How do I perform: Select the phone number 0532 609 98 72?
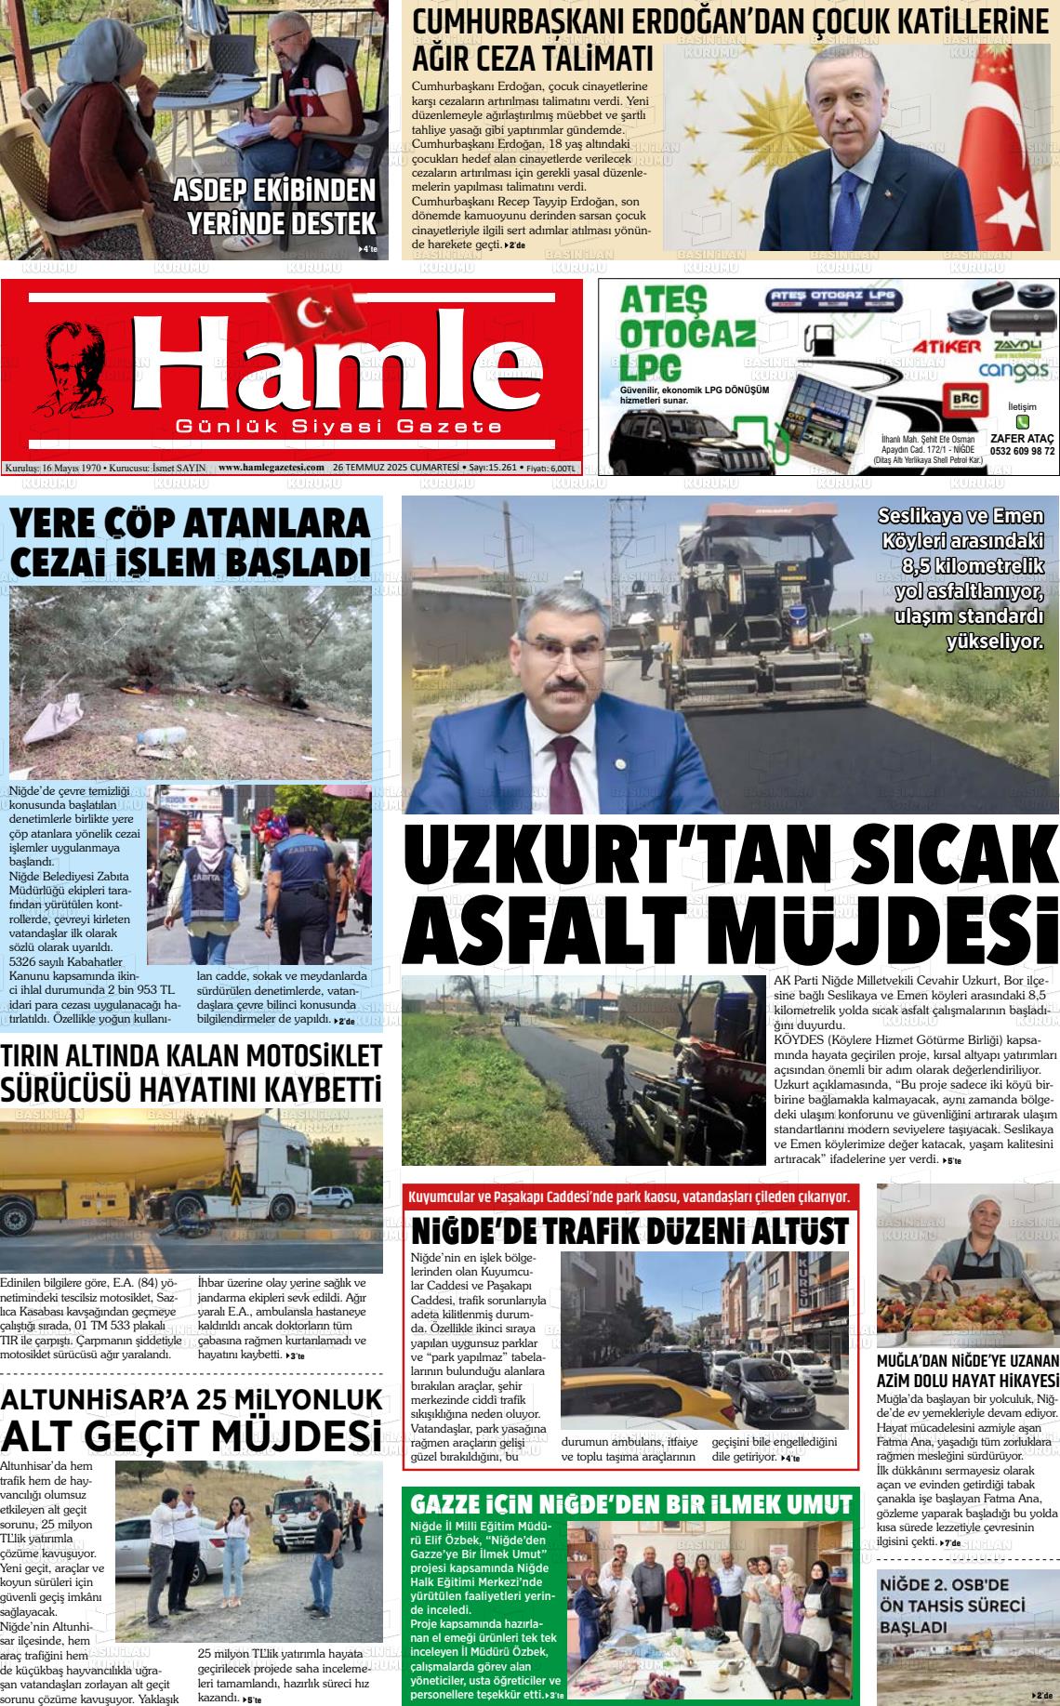tap(1022, 451)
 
